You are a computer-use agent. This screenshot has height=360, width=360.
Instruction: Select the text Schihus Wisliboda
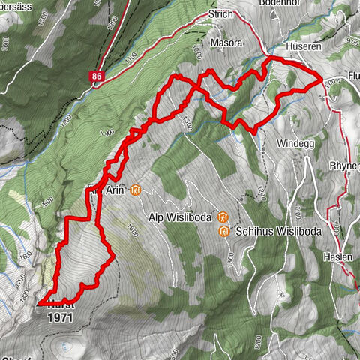[x=277, y=232]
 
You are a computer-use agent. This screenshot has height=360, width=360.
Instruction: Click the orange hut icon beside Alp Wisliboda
[x=222, y=217]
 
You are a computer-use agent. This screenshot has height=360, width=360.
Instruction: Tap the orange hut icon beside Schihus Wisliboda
[x=223, y=232]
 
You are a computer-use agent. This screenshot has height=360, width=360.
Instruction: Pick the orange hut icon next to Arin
[x=135, y=190]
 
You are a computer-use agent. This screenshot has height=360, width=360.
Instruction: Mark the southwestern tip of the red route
[x=37, y=303]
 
